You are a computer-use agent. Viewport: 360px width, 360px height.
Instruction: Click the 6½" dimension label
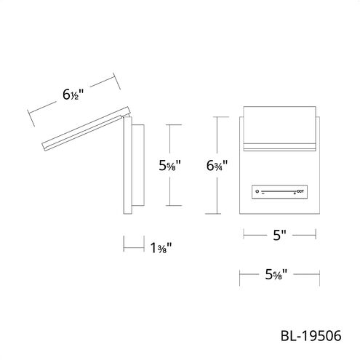pos(73,95)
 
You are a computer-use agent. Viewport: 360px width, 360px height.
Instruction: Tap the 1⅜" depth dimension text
pos(161,248)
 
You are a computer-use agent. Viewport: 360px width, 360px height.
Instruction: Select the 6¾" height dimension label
pos(217,166)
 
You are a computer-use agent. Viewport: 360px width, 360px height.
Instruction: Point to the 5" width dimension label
pos(279,235)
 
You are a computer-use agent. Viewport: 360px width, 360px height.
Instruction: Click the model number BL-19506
pos(311,336)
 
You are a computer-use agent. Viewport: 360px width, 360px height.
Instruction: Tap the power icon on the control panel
pos(257,191)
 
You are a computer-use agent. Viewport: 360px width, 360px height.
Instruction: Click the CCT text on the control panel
pos(300,191)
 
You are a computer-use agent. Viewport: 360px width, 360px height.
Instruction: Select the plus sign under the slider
pos(295,193)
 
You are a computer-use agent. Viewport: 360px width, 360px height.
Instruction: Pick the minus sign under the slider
pos(263,193)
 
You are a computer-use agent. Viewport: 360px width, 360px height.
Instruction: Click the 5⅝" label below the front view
pos(276,275)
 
